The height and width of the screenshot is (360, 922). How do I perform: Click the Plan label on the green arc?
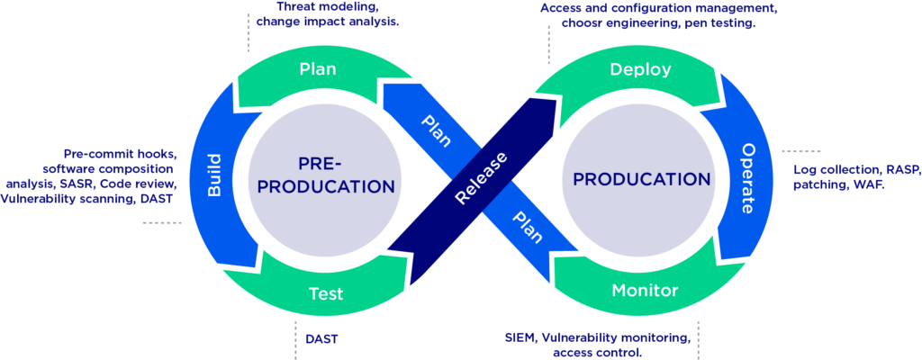pyautogui.click(x=318, y=69)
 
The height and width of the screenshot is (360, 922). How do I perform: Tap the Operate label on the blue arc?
pyautogui.click(x=747, y=177)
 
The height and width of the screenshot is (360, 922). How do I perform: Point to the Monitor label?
pyautogui.click(x=645, y=291)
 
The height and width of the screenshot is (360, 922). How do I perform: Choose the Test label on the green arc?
pyautogui.click(x=326, y=293)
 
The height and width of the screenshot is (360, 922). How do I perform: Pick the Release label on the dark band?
pyautogui.click(x=481, y=177)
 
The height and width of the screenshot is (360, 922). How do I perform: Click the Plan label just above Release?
pyautogui.click(x=437, y=131)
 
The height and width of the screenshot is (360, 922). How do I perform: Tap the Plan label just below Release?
pyautogui.click(x=527, y=227)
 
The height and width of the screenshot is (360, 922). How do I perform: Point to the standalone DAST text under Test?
pyautogui.click(x=321, y=340)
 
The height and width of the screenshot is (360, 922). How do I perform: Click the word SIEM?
pyautogui.click(x=520, y=339)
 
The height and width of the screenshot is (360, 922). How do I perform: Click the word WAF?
pyautogui.click(x=870, y=184)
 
